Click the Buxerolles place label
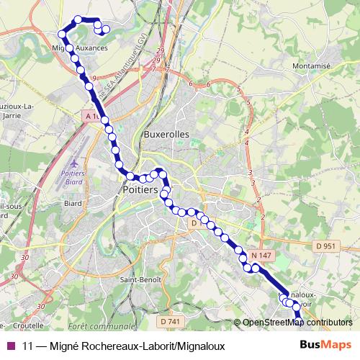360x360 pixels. (x=166, y=134)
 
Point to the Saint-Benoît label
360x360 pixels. (x=140, y=280)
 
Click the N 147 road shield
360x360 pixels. (x=261, y=256)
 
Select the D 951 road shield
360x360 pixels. (x=326, y=247)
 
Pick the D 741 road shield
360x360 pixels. (x=169, y=320)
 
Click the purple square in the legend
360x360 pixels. (x=10, y=346)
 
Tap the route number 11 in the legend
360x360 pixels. (x=28, y=346)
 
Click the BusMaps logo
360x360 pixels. (x=325, y=346)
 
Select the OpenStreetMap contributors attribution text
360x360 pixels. (x=297, y=323)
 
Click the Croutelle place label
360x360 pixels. (x=28, y=325)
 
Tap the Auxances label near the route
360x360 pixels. (x=91, y=48)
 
